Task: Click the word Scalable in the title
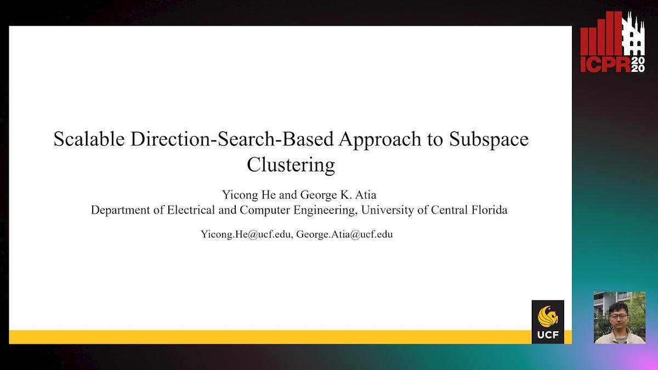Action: [89, 139]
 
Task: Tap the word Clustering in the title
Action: [291, 166]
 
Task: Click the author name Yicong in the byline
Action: [240, 195]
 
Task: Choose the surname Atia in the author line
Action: [366, 195]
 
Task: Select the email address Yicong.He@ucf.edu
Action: [246, 235]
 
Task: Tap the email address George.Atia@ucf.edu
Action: [344, 235]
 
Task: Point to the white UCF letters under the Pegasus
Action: [548, 334]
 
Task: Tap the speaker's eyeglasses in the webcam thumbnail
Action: [618, 316]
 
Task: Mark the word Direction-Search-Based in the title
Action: [232, 139]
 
